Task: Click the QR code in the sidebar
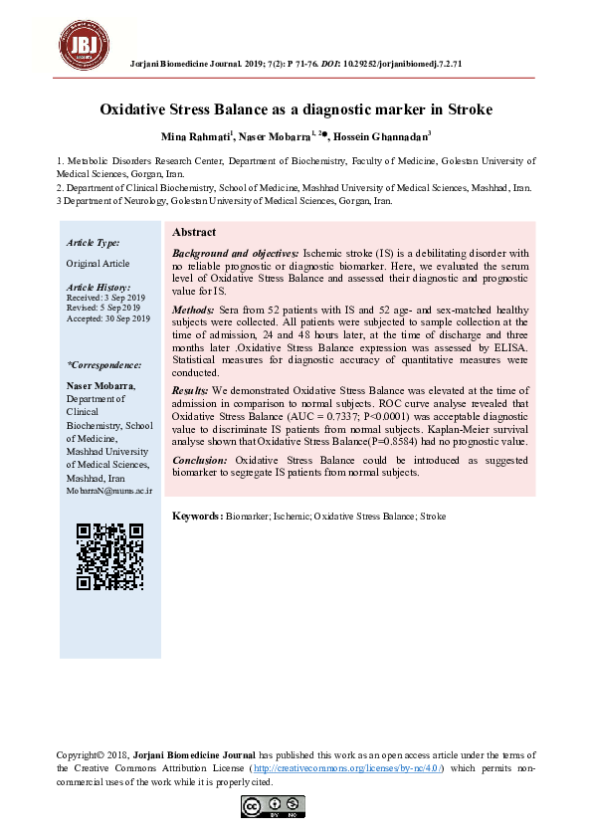pos(109,556)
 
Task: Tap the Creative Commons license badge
pos(273,807)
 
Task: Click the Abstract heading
pos(194,232)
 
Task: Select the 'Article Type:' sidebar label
pos(93,243)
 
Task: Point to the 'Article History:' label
pos(98,287)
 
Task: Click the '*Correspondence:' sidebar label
pos(103,365)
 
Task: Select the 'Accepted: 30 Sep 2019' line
pos(107,318)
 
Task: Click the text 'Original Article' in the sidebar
pos(98,263)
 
